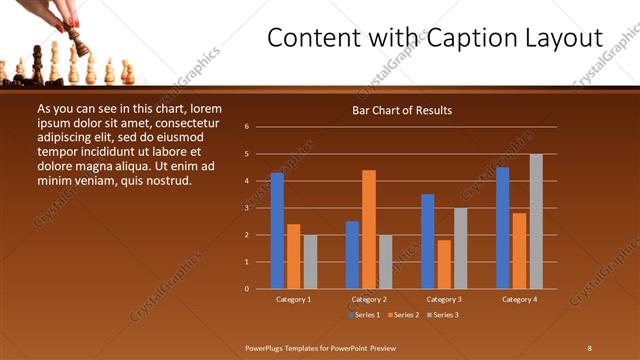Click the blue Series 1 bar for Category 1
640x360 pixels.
(277, 231)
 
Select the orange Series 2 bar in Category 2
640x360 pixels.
(369, 229)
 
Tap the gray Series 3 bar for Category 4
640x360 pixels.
(536, 221)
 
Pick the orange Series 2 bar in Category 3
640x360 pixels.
(444, 264)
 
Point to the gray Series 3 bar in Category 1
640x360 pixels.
(310, 262)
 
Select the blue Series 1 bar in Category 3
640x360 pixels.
(428, 241)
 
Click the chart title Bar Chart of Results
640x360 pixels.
(401, 110)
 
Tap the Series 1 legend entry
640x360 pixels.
(364, 315)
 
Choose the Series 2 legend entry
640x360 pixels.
(401, 315)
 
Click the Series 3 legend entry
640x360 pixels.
(439, 315)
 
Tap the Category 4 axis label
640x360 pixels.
(519, 299)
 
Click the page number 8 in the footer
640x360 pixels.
(589, 347)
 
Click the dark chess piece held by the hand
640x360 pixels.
(77, 43)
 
